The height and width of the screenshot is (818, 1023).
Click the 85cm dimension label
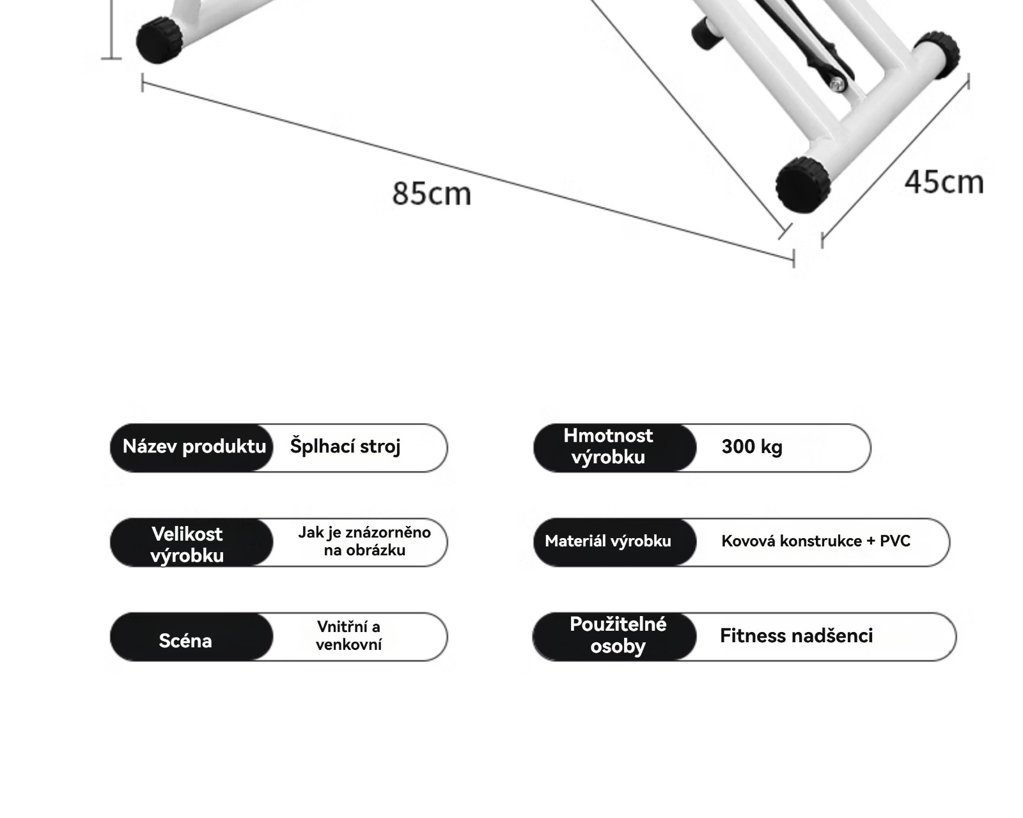pos(432,193)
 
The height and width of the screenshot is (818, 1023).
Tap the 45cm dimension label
pos(944,182)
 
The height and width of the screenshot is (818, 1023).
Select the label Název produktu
pos(194,447)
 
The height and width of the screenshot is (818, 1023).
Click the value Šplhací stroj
pos(345,447)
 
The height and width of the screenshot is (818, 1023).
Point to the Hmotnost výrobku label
pos(608,447)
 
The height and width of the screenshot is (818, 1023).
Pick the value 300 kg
pos(752,447)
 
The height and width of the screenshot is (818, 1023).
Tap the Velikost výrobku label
pos(187,544)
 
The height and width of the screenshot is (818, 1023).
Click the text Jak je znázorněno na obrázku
pos(364,541)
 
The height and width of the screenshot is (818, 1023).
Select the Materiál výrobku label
pos(608,541)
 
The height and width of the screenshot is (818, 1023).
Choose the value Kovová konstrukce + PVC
pos(816,541)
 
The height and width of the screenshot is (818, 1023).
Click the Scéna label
pos(185,640)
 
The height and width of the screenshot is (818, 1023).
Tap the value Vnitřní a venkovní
pos(348,635)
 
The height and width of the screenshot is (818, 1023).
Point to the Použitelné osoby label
pos(618,635)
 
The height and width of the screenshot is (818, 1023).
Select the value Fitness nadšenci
pos(796,636)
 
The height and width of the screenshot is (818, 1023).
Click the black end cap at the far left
pos(159,40)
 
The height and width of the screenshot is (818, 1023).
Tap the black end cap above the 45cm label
pos(937,54)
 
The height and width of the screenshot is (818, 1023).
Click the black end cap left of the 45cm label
pos(803,184)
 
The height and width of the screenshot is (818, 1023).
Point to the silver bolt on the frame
pos(838,82)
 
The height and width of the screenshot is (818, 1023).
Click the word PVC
pos(895,541)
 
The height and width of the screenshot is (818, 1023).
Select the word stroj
pos(381,447)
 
